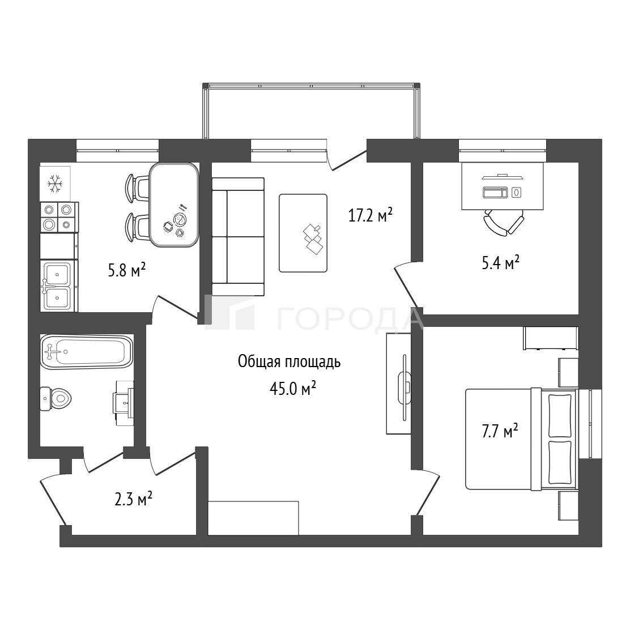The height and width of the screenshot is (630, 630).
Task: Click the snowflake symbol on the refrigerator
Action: pyautogui.click(x=55, y=184)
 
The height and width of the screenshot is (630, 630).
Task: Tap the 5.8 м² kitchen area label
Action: pyautogui.click(x=126, y=270)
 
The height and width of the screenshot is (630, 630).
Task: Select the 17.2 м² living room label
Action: pyautogui.click(x=370, y=215)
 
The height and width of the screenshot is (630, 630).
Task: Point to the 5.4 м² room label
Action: pyautogui.click(x=501, y=263)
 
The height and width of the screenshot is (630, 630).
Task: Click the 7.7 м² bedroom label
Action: pyautogui.click(x=500, y=431)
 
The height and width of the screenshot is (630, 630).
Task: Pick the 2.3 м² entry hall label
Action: pyautogui.click(x=133, y=500)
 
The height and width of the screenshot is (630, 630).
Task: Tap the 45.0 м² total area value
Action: pyautogui.click(x=292, y=388)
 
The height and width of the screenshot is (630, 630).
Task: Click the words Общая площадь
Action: pyautogui.click(x=290, y=362)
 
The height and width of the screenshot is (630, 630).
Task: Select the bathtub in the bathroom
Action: pyautogui.click(x=86, y=352)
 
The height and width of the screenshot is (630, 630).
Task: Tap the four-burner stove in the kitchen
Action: pyautogui.click(x=59, y=217)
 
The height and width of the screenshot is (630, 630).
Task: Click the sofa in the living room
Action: pyautogui.click(x=238, y=237)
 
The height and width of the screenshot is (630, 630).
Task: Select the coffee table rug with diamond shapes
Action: pyautogui.click(x=303, y=233)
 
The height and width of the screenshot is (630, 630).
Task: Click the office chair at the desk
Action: pyautogui.click(x=504, y=223)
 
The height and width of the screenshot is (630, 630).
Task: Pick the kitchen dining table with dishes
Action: pyautogui.click(x=174, y=205)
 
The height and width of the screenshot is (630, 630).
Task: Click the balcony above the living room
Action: pyautogui.click(x=311, y=111)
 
